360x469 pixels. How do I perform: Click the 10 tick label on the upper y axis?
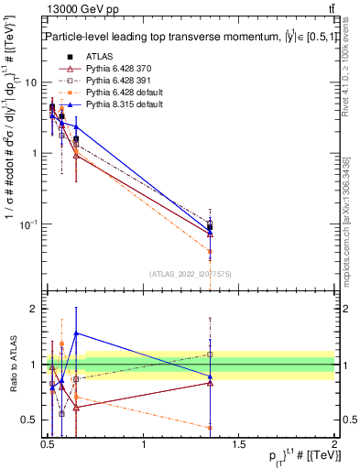coord(30,82)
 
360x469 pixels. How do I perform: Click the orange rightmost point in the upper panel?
coord(210,251)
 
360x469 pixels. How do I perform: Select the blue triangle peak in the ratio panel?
coord(76,333)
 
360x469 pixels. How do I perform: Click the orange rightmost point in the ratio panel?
coord(210,427)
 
